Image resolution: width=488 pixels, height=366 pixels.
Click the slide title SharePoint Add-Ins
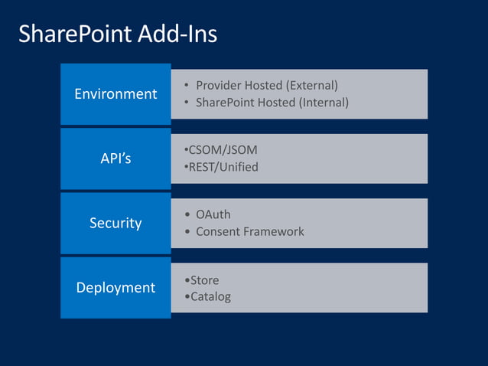click(x=117, y=34)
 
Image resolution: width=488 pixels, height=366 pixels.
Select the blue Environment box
click(x=115, y=94)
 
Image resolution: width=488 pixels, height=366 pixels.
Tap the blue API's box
click(x=115, y=158)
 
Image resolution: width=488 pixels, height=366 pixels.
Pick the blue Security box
click(x=115, y=223)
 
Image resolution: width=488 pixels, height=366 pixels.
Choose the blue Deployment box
click(x=115, y=287)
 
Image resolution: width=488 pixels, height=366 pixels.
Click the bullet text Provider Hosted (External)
click(x=266, y=85)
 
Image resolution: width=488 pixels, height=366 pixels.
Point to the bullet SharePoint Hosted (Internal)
click(x=272, y=102)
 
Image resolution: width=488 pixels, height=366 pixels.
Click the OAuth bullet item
click(x=213, y=214)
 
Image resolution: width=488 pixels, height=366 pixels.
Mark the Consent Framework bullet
click(x=249, y=231)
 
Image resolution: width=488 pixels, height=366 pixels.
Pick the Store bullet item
click(x=204, y=280)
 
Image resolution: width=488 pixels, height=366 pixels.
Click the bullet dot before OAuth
click(x=188, y=215)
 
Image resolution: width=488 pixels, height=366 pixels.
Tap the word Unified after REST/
click(x=237, y=167)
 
